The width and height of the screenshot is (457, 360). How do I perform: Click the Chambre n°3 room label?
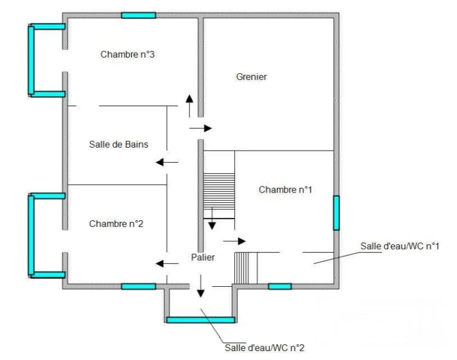click(127, 55)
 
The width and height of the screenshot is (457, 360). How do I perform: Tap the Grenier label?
click(251, 77)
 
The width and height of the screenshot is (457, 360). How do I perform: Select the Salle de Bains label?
click(119, 145)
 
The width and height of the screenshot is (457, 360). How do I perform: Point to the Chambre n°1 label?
click(285, 190)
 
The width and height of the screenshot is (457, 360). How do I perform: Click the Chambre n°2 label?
click(116, 224)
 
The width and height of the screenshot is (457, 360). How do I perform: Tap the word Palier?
click(203, 257)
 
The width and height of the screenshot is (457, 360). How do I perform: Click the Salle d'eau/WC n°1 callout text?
click(399, 247)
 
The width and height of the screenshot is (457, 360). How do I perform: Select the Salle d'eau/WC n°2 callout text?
click(264, 348)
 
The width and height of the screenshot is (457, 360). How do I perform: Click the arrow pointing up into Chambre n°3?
click(189, 106)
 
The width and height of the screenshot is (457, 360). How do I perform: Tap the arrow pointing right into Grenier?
click(201, 128)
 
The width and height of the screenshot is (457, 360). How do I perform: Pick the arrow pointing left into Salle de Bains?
click(167, 162)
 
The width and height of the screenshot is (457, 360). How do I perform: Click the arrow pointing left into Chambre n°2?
click(167, 264)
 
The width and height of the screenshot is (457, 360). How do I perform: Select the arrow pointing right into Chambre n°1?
click(235, 241)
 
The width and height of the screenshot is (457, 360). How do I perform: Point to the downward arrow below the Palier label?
click(201, 286)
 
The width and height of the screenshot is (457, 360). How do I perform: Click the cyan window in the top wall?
click(139, 16)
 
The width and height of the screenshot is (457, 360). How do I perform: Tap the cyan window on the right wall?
click(336, 213)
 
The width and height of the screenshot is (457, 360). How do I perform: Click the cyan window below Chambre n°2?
click(139, 286)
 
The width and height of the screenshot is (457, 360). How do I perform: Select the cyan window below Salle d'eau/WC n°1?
click(280, 286)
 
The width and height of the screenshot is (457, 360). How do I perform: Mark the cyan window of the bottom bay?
click(201, 320)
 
